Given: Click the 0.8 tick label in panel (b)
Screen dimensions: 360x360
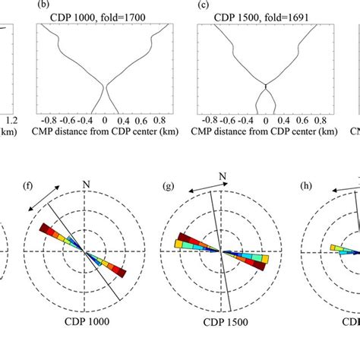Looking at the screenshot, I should click(160, 119).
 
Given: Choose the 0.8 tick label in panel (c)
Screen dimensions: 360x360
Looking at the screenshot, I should click(320, 119).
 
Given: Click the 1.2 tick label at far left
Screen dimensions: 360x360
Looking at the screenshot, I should click(10, 119).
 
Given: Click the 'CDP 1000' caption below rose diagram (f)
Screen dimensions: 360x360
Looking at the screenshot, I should click(85, 321).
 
